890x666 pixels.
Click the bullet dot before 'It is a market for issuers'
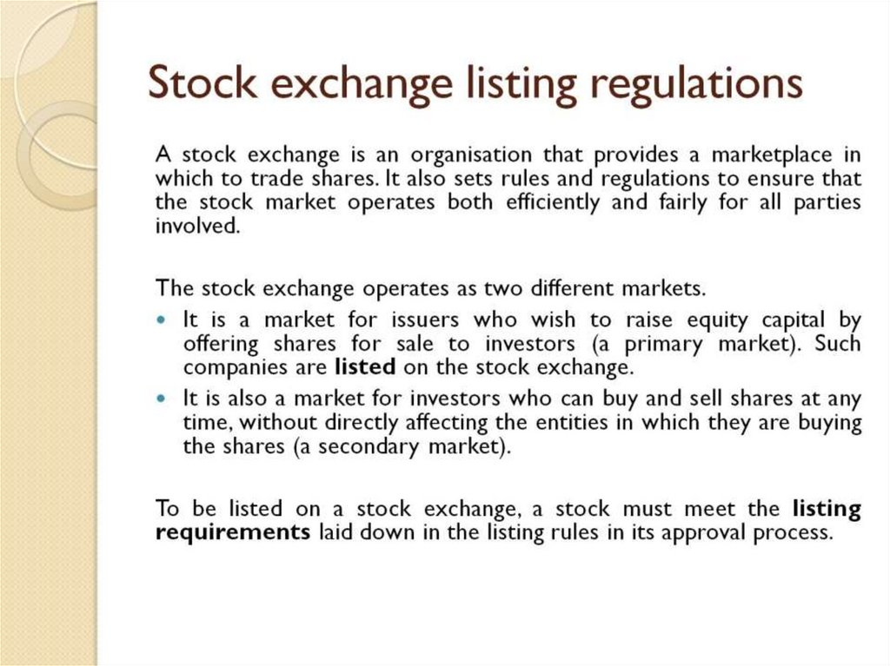(x=163, y=319)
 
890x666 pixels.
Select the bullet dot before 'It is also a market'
(x=163, y=399)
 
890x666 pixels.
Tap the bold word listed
(x=365, y=366)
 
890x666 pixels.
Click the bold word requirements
(x=232, y=532)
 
